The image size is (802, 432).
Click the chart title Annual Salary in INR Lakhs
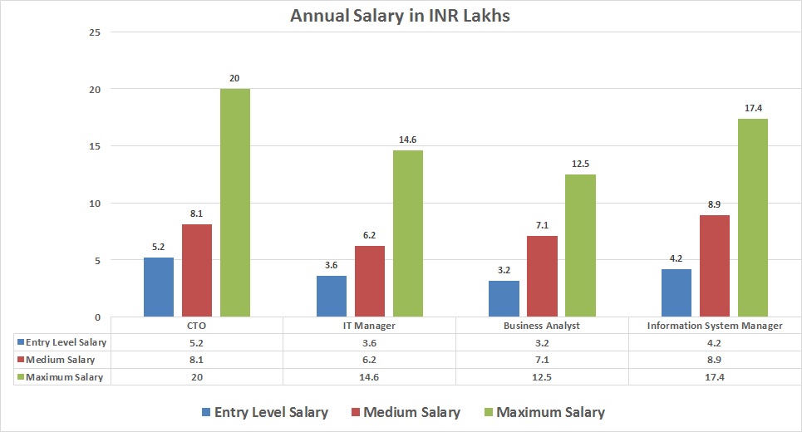(x=401, y=16)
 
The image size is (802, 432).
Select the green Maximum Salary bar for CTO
(x=234, y=203)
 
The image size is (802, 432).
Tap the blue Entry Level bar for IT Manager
(x=332, y=296)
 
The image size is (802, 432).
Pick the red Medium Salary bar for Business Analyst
(x=542, y=276)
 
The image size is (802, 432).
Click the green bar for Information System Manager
(x=752, y=218)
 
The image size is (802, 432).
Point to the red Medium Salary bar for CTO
(x=197, y=270)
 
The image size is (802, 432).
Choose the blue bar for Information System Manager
(x=676, y=292)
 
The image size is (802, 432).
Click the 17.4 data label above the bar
(x=752, y=109)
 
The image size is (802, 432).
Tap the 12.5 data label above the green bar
(x=580, y=164)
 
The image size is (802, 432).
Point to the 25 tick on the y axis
(x=94, y=32)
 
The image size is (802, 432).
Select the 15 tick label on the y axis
(x=94, y=146)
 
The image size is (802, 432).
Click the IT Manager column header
(x=369, y=326)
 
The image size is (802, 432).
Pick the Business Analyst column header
(x=542, y=326)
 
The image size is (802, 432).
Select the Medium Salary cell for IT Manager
(x=369, y=360)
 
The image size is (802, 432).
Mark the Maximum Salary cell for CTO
(x=197, y=376)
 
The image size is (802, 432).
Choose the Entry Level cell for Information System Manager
(x=715, y=342)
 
